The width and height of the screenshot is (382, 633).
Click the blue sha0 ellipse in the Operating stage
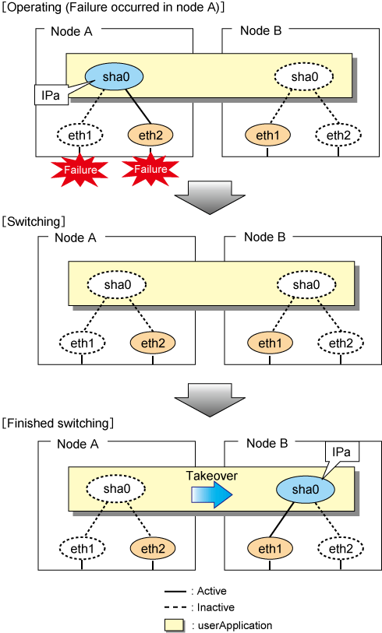[x=114, y=77]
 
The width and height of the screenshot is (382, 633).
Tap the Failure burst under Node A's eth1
[x=80, y=169]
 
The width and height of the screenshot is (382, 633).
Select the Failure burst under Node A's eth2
[x=150, y=169]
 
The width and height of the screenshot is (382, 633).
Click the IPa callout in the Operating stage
[x=51, y=95]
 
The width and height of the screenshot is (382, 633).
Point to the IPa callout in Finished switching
[x=342, y=452]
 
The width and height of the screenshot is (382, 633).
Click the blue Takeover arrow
[x=211, y=495]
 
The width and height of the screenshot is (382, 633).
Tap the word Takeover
[x=212, y=476]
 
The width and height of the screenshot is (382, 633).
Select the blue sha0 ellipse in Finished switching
[x=306, y=489]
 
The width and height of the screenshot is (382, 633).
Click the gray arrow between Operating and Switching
[x=210, y=198]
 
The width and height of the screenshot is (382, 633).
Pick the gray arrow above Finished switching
[x=210, y=400]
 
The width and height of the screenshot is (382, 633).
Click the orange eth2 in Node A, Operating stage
[x=150, y=135]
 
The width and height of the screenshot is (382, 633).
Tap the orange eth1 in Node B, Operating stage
[x=267, y=135]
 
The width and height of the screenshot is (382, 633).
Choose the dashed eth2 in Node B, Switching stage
[x=341, y=343]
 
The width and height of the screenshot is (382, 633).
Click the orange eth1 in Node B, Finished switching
[x=270, y=548]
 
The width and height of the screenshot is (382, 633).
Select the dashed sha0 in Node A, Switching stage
[x=117, y=285]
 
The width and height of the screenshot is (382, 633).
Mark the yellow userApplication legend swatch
[x=175, y=625]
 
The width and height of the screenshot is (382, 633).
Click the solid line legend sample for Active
[x=175, y=592]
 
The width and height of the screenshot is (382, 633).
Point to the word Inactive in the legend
[x=215, y=607]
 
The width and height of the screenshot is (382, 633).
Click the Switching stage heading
[x=34, y=221]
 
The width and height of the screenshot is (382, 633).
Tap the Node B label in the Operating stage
[x=260, y=30]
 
